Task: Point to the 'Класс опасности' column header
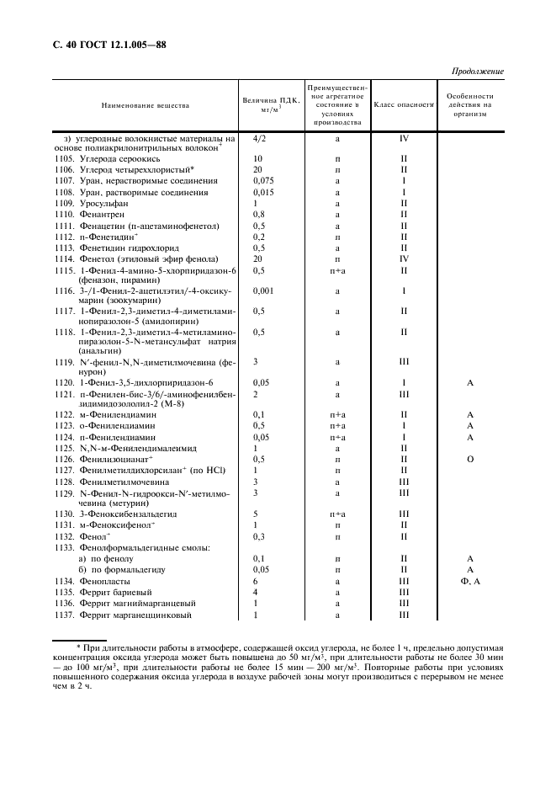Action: (403, 106)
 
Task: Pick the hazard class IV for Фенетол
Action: (404, 259)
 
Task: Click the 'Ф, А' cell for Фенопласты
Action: (471, 581)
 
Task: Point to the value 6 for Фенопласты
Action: (255, 581)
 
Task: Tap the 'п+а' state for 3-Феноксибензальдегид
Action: (337, 514)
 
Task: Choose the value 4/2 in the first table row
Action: (259, 137)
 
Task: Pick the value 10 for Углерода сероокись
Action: (257, 158)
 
